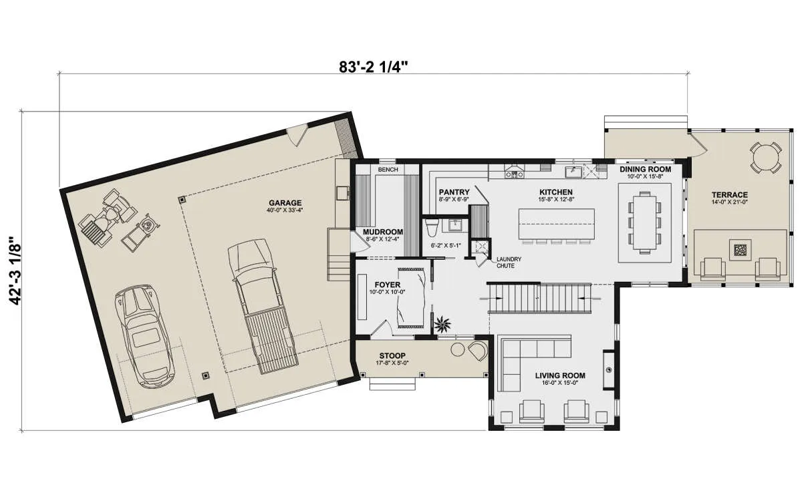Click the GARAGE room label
coord(285,203)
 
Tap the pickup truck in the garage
coord(263,307)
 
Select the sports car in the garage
coord(144,336)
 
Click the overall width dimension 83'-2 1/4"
coord(374,67)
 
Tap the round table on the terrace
coord(765,158)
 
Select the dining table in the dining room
coord(644,222)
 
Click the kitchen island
coord(556,224)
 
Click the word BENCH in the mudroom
coord(388,170)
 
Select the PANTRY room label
coord(454,192)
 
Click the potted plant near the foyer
coord(443,325)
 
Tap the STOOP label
coord(392,355)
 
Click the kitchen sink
coord(573,172)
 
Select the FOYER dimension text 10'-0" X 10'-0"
coord(387,292)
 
